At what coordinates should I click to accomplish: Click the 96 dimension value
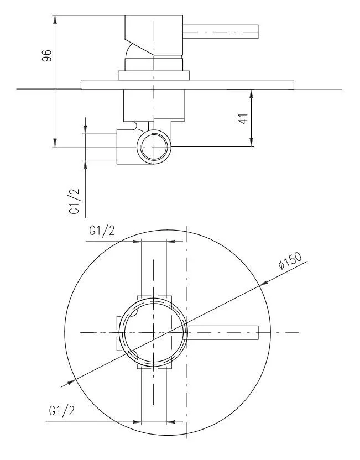click(47, 55)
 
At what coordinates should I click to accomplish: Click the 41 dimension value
click(243, 118)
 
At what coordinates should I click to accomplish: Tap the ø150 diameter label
click(290, 260)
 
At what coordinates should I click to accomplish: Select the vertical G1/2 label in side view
click(74, 201)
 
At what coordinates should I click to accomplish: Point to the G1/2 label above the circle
click(102, 231)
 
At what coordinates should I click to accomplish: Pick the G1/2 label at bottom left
click(61, 410)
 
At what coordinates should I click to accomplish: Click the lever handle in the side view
click(220, 32)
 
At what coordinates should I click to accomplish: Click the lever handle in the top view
click(222, 332)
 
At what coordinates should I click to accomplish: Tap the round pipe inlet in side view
click(154, 147)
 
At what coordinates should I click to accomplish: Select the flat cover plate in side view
click(187, 85)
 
